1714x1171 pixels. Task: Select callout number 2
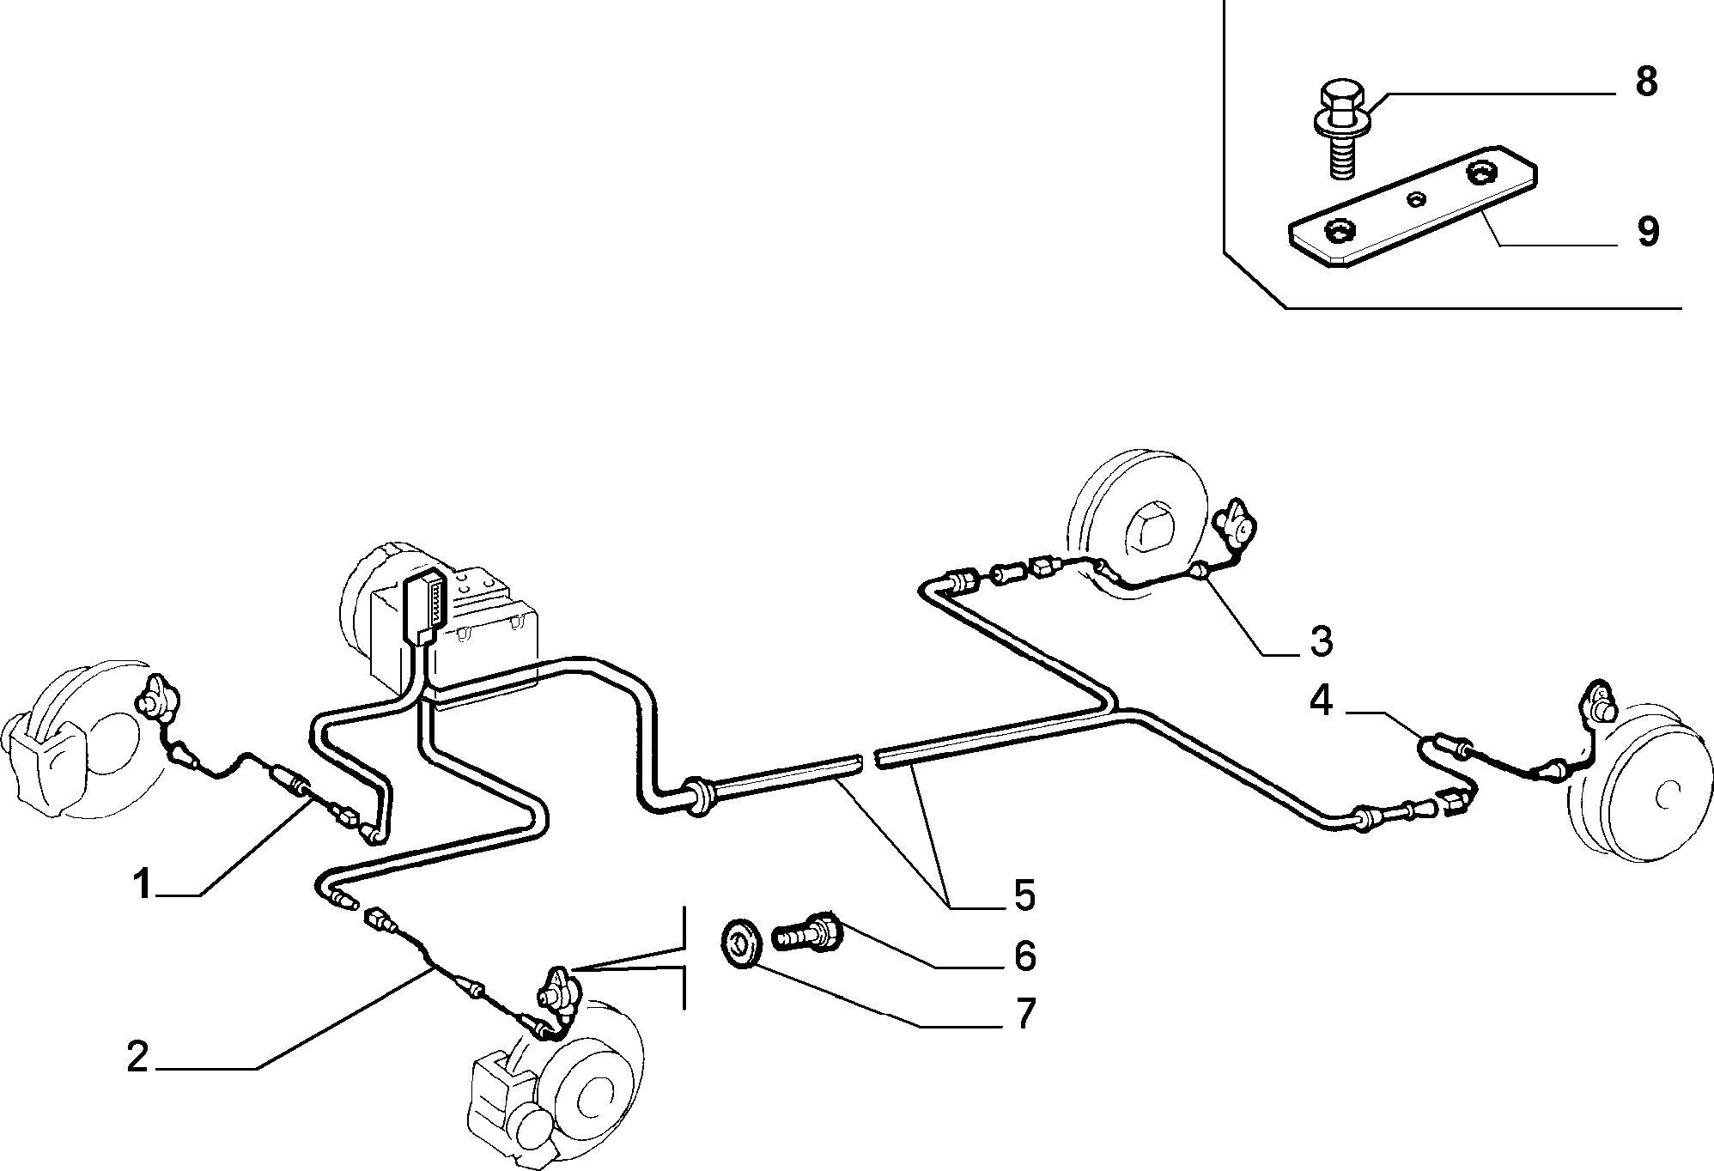(137, 1057)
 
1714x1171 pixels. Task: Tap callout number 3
(1321, 641)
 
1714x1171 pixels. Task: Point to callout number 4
(1321, 701)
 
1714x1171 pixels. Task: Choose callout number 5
(1024, 895)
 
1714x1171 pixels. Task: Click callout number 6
(1024, 956)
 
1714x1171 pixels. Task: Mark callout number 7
(1024, 1014)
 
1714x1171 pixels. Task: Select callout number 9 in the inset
(1647, 231)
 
